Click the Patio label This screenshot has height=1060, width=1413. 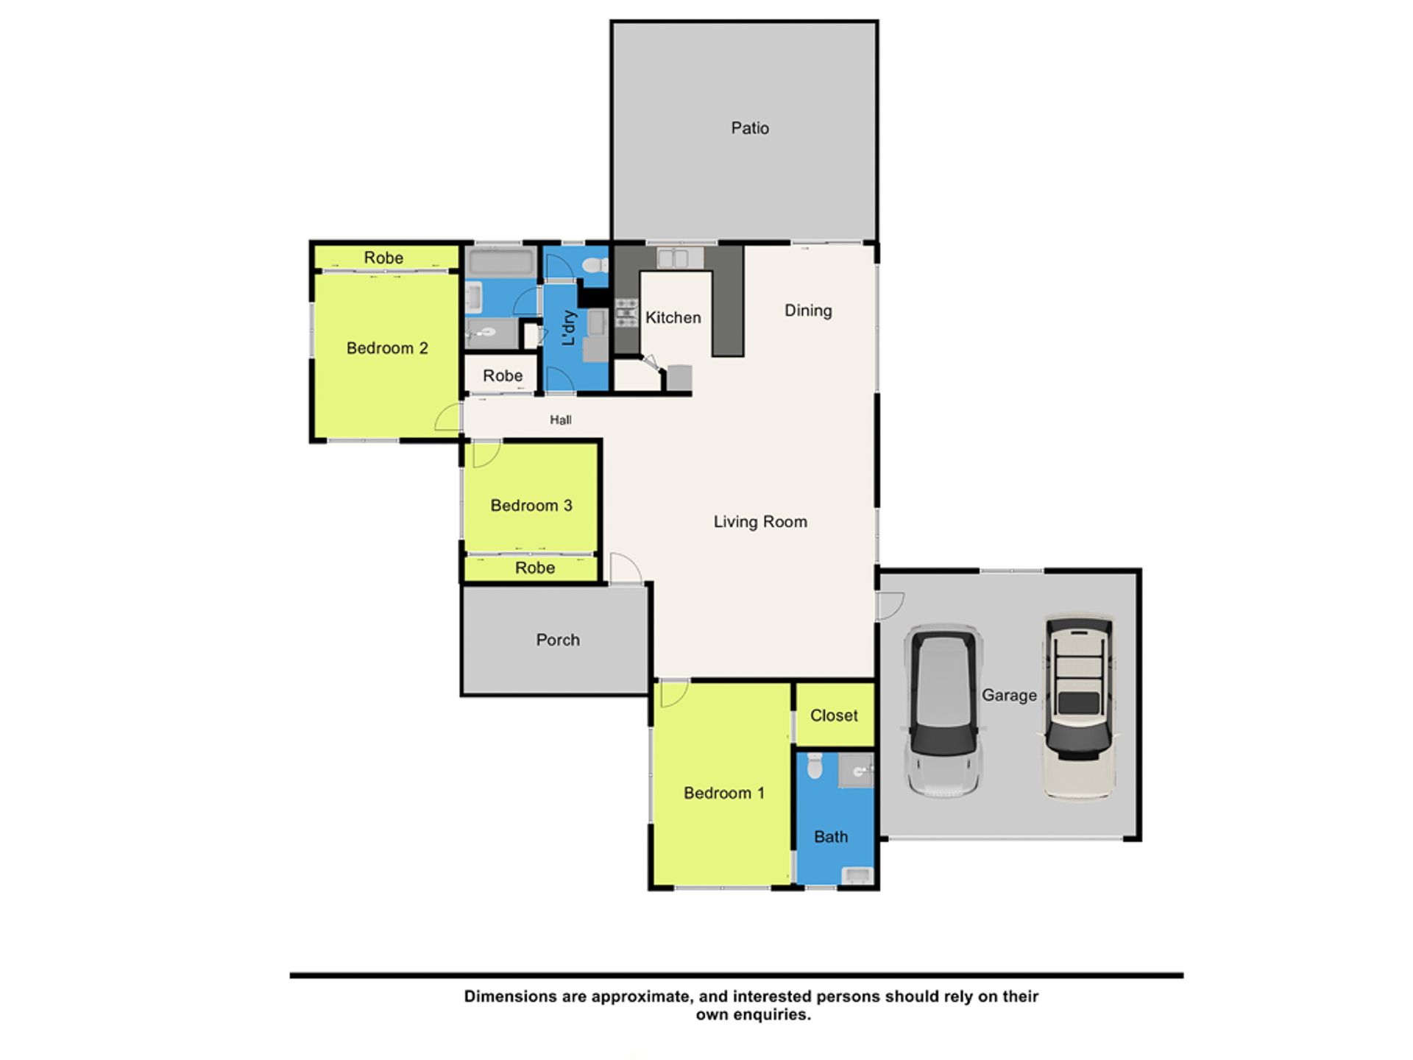pyautogui.click(x=750, y=128)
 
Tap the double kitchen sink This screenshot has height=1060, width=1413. pyautogui.click(x=672, y=258)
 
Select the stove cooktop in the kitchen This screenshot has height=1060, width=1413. pyautogui.click(x=626, y=313)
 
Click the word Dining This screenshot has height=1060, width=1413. pyautogui.click(x=808, y=311)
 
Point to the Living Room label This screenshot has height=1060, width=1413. pyautogui.click(x=760, y=522)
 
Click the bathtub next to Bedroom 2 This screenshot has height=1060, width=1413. pyautogui.click(x=501, y=262)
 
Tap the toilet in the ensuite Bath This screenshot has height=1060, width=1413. pyautogui.click(x=814, y=766)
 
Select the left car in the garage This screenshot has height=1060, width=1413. pyautogui.click(x=943, y=711)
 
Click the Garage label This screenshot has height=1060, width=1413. pyautogui.click(x=1009, y=696)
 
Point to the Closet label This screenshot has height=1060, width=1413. pyautogui.click(x=834, y=715)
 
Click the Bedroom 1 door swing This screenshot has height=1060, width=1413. pyautogui.click(x=674, y=693)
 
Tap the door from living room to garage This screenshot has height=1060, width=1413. pyautogui.click(x=890, y=606)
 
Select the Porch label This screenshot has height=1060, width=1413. pyautogui.click(x=558, y=640)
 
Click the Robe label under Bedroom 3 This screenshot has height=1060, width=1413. pyautogui.click(x=535, y=568)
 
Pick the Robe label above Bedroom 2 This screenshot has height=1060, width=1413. pyautogui.click(x=383, y=258)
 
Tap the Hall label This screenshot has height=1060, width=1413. pyautogui.click(x=561, y=420)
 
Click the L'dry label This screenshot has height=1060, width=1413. pyautogui.click(x=568, y=328)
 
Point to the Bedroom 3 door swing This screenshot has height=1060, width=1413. pyautogui.click(x=486, y=454)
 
